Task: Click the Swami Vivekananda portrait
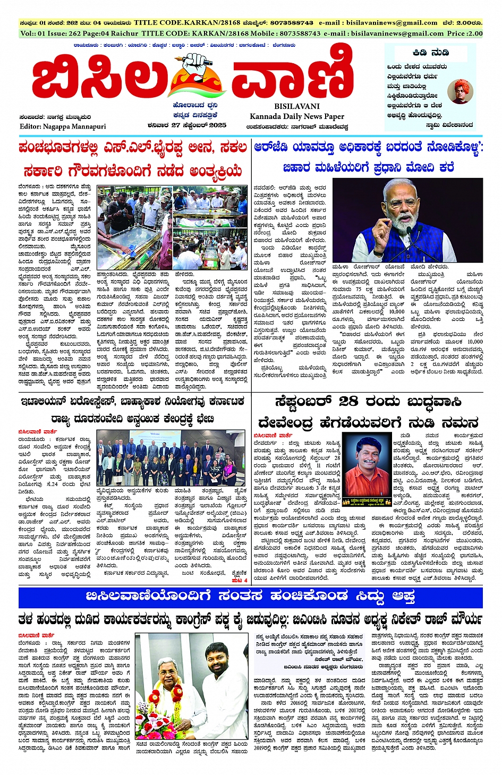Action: (460, 92)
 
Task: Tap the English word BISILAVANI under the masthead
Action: (297, 106)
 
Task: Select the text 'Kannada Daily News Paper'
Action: (297, 116)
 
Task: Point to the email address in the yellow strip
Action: (378, 23)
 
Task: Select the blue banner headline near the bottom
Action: (250, 597)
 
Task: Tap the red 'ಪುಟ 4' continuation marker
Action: (240, 581)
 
